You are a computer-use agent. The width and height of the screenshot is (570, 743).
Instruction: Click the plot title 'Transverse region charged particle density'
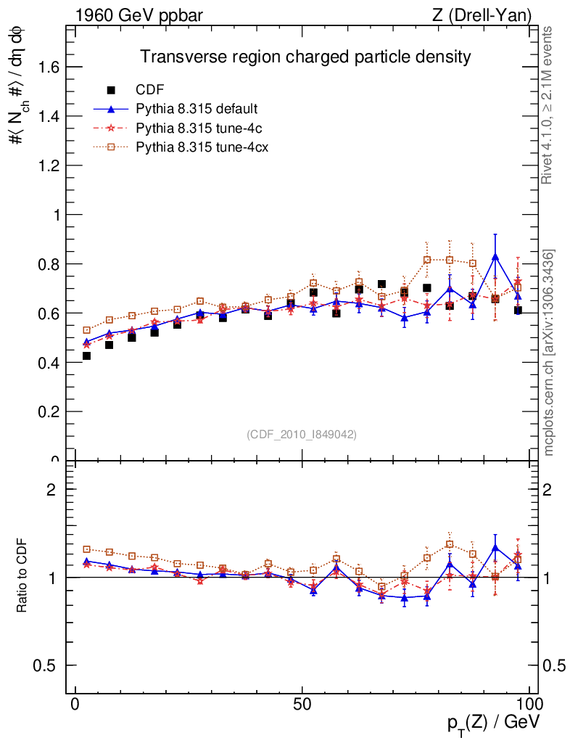click(x=305, y=57)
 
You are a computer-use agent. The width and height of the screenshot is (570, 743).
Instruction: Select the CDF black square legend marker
click(x=111, y=90)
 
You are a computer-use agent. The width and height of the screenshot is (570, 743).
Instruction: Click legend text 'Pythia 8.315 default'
click(x=197, y=109)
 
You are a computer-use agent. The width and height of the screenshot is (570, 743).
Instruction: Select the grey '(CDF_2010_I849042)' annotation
click(x=302, y=434)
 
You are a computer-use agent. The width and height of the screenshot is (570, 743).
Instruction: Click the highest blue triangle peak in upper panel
click(x=495, y=257)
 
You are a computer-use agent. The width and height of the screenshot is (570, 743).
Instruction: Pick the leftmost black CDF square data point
click(x=87, y=356)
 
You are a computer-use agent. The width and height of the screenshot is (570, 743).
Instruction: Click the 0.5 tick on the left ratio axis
click(x=46, y=665)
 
